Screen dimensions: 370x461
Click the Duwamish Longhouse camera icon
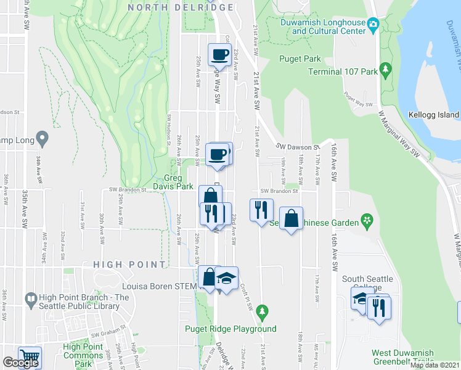pos(373,25)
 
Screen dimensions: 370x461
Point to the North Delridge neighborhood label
pos(181,7)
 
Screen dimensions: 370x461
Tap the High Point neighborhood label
pos(129,265)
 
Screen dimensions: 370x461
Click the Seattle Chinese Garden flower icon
pos(367,220)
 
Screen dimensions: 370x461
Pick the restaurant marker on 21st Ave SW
pos(261,210)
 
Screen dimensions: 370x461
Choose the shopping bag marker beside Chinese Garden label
pos(292,218)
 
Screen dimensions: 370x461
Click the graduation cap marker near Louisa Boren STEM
pos(227,277)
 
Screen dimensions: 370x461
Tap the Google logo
pos(20,363)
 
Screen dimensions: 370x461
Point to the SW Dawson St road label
pos(296,147)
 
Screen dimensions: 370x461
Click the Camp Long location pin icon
pos(42,138)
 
